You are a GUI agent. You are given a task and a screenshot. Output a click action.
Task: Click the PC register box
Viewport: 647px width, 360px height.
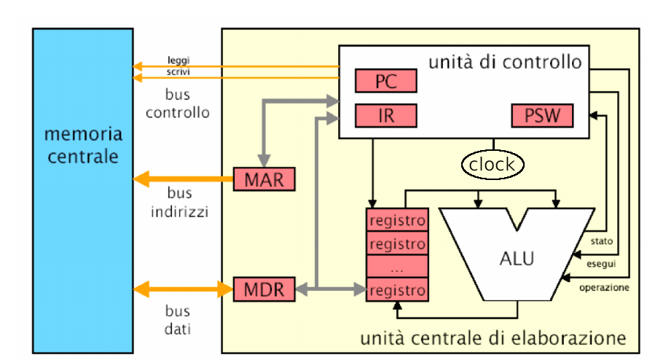[386, 81]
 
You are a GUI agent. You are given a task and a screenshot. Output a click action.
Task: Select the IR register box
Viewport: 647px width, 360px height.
[386, 116]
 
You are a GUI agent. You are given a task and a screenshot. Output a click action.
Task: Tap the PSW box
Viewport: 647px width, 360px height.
[542, 116]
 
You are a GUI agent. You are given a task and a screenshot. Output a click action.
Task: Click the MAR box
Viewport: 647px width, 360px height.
[264, 179]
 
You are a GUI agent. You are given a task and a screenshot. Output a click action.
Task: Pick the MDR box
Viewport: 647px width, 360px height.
[264, 289]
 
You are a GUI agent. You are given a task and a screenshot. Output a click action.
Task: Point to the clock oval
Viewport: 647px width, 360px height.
[493, 165]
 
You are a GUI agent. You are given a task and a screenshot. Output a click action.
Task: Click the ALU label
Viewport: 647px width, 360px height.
[517, 259]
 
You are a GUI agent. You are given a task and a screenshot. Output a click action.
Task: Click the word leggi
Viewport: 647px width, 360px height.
[179, 60]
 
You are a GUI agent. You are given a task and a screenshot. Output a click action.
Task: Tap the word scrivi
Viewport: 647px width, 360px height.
[179, 72]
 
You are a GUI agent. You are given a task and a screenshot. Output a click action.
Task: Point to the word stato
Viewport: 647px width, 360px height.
[602, 241]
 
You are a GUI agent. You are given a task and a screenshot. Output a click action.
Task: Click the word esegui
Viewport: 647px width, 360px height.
[601, 264]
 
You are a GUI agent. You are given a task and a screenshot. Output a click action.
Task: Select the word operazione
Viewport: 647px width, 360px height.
[604, 287]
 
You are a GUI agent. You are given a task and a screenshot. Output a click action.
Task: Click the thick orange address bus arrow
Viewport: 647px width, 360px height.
[183, 179]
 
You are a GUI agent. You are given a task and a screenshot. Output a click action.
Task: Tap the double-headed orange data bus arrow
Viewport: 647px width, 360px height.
[183, 289]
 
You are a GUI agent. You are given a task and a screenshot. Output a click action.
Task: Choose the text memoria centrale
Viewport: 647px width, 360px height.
[83, 145]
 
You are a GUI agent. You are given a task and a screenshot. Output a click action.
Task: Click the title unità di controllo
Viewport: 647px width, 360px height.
[505, 63]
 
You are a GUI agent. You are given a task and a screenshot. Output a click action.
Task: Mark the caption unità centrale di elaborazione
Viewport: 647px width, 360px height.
[493, 338]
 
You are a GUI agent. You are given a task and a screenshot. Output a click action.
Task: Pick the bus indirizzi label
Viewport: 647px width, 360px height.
[179, 203]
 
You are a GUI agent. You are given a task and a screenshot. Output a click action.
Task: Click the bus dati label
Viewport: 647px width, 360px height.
[178, 320]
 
